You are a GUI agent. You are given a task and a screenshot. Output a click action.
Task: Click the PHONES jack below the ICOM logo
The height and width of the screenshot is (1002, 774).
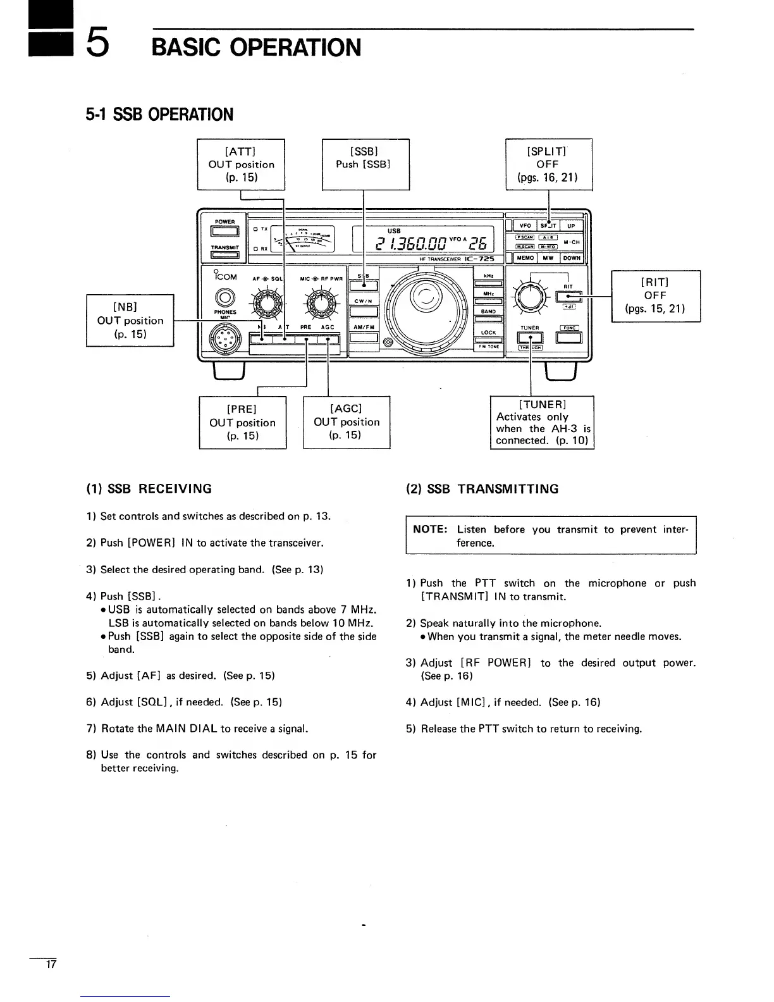[x=224, y=297]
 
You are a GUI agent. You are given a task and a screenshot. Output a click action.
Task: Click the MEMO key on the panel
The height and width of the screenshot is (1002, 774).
[x=525, y=258]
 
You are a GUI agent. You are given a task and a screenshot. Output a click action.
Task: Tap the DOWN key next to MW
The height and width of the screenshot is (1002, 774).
[x=572, y=258]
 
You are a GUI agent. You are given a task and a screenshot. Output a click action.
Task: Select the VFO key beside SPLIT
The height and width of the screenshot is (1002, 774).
[x=525, y=226]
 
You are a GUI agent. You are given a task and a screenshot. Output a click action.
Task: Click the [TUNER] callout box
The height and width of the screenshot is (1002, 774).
[x=542, y=422]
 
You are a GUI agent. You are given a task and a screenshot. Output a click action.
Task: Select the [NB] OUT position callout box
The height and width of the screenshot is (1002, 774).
[x=130, y=320]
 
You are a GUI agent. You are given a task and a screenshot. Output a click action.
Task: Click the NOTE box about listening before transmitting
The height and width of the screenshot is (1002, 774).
[x=550, y=536]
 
